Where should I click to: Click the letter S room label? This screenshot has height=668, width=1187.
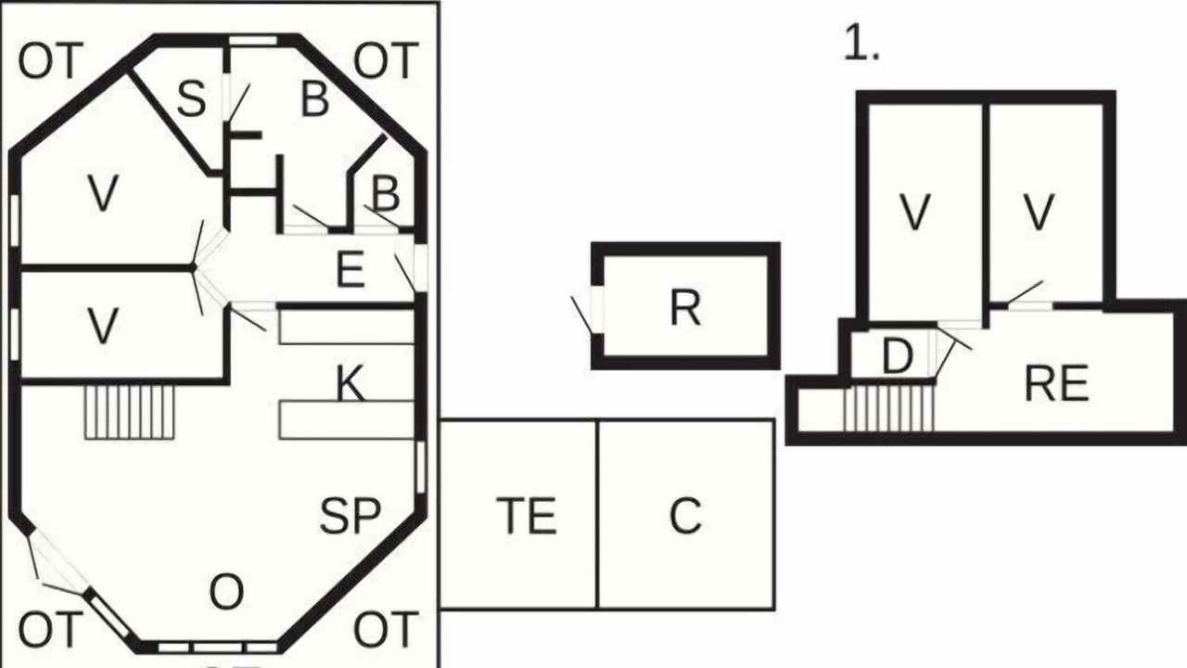click(x=191, y=99)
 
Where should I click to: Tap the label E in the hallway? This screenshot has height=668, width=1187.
click(x=351, y=270)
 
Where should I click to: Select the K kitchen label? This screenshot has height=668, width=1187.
click(x=351, y=383)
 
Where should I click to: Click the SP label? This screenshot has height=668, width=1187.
click(x=351, y=515)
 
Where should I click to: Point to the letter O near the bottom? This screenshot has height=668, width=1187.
click(x=227, y=592)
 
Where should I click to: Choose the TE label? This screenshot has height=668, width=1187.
click(x=526, y=515)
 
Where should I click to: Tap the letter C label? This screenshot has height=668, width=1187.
click(x=685, y=515)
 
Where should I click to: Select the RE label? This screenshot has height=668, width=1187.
click(x=1056, y=384)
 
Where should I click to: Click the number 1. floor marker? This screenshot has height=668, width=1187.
click(x=862, y=42)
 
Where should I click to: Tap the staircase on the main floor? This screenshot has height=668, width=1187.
click(x=130, y=412)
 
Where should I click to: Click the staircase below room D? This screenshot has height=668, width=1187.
click(x=888, y=407)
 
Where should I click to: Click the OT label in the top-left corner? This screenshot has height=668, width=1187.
click(x=51, y=61)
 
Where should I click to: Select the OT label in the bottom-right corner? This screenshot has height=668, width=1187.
click(x=386, y=629)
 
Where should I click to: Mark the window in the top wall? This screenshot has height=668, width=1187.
click(x=253, y=40)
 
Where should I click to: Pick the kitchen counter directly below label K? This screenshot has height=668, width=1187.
click(x=347, y=420)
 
